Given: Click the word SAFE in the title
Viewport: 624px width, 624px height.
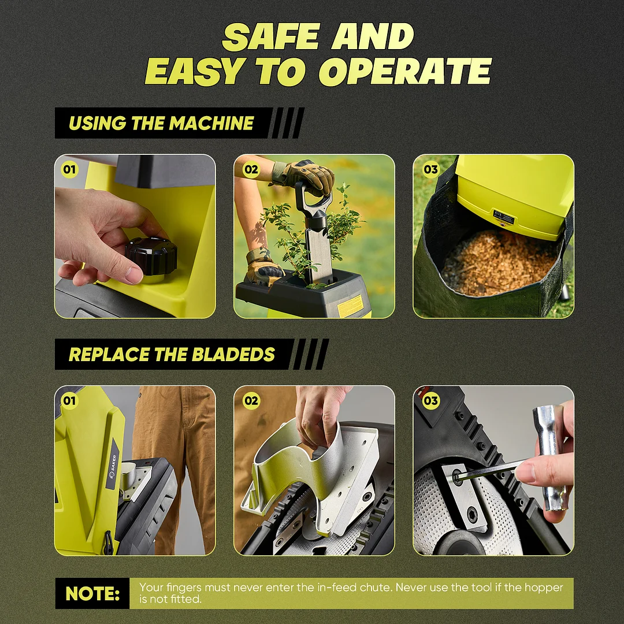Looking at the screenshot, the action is pos(271,36).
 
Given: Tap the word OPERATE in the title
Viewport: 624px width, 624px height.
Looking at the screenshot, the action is pos(405,71).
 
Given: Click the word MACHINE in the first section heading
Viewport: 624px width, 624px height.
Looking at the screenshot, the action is pos(211,123).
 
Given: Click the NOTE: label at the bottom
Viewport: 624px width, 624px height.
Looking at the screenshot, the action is pos(92,593).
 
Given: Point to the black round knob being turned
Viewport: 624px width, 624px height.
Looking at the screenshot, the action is pos(151,257).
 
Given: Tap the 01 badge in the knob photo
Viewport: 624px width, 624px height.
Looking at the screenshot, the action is pos(70,169).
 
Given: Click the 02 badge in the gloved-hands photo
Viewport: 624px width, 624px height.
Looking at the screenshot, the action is pos(251,169).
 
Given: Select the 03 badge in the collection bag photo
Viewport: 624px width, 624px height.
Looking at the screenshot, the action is pos(430,169).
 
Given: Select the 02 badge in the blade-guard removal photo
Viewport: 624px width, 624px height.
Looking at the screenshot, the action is pos(251,401).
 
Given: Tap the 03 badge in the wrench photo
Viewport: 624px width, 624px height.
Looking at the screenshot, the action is pos(430,401).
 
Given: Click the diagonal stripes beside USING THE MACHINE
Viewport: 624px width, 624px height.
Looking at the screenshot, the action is pos(287,123).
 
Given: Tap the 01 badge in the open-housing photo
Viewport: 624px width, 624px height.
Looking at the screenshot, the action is pos(70,401).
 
